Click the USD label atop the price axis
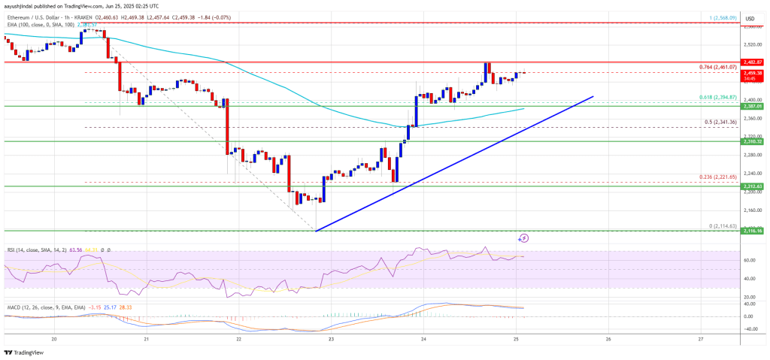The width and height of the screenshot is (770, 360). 749,18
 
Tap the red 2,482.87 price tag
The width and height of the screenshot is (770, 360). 752,62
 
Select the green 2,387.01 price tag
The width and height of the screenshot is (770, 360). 752,106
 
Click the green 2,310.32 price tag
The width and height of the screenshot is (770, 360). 752,141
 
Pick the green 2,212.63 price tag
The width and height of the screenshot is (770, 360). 752,186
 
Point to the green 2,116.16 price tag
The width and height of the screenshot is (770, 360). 752,231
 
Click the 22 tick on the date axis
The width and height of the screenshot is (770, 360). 238,339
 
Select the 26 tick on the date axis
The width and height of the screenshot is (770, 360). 608,339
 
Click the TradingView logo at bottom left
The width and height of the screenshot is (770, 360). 24,352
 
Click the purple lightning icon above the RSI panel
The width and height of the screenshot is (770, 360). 524,237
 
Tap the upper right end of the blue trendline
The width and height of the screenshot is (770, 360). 593,97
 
